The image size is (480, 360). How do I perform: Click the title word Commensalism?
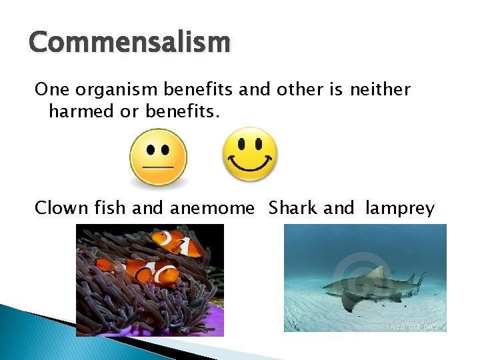129,43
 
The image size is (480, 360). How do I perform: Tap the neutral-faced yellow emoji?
158,157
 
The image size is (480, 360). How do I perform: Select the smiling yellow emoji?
249,154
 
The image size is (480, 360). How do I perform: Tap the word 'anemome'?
212,208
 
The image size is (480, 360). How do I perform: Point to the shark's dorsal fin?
377,272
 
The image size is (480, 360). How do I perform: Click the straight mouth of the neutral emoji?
158,165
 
